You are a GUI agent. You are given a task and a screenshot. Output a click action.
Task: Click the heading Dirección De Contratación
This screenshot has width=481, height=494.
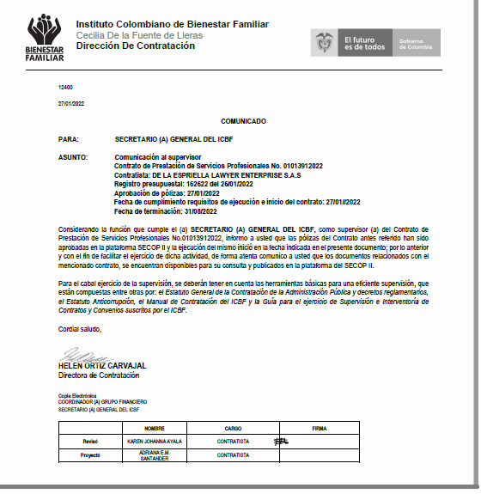click(135, 46)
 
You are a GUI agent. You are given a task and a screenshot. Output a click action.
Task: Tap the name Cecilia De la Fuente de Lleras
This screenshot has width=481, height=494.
click(139, 35)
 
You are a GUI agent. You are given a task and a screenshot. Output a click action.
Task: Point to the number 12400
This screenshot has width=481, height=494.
click(65, 88)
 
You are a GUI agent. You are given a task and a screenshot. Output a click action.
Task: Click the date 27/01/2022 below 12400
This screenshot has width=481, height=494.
click(70, 103)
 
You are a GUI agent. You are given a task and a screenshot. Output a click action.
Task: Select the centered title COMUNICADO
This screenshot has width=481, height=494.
click(243, 122)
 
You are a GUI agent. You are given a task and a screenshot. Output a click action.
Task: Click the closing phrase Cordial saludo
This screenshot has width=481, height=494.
click(80, 330)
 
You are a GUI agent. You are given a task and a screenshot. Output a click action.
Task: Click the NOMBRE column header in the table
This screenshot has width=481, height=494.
click(154, 426)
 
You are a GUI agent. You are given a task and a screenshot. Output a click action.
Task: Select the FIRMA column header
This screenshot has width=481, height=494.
click(320, 426)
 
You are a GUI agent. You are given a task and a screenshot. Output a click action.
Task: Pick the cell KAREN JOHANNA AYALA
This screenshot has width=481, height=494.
click(155, 441)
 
